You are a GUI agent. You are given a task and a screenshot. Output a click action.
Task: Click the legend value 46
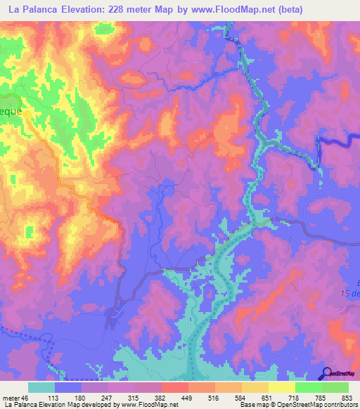pos(25,397)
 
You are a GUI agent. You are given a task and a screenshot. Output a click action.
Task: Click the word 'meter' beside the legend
pos(11,397)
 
